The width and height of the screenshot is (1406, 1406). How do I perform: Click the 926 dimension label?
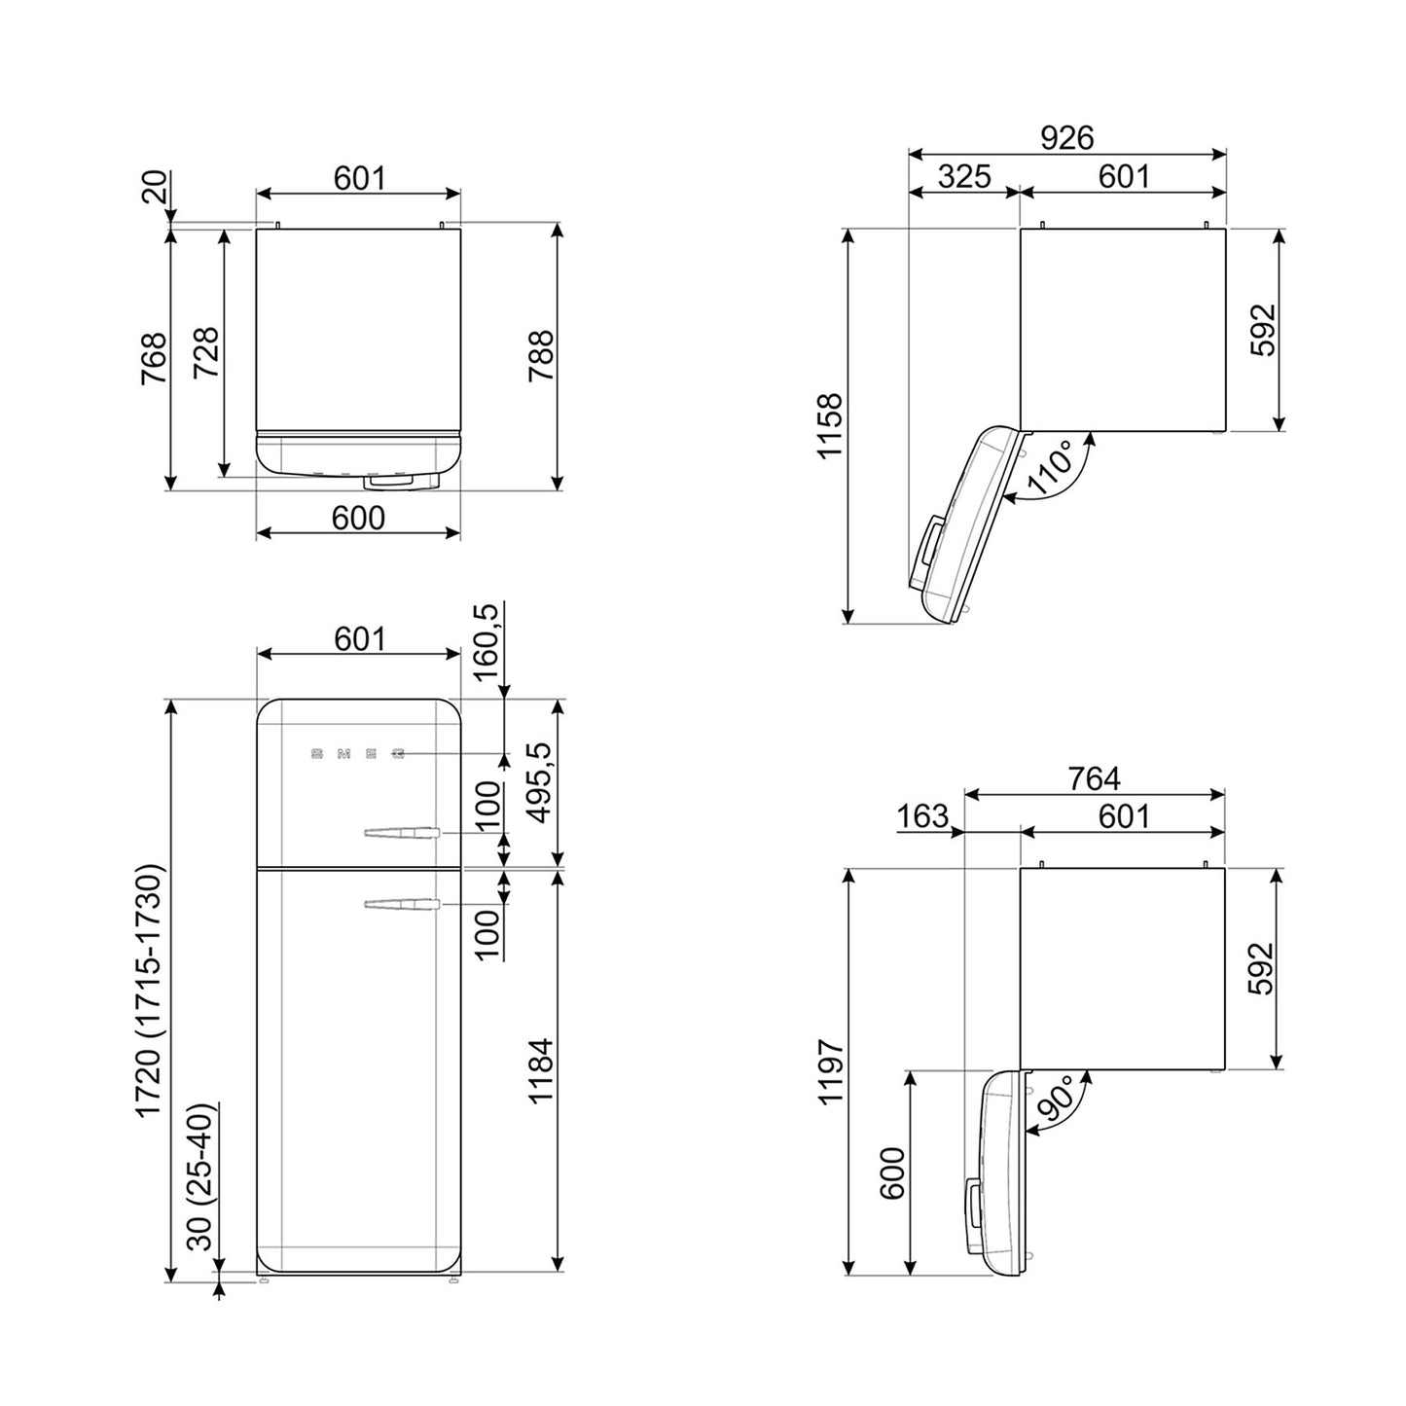(x=1067, y=138)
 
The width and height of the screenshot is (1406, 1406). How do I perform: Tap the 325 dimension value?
(x=964, y=176)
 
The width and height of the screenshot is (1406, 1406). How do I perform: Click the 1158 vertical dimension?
(x=829, y=425)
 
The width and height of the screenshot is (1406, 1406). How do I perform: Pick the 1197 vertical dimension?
(x=829, y=1070)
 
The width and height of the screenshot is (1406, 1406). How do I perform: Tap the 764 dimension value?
(x=1094, y=779)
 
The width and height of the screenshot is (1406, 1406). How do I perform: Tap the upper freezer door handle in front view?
(x=401, y=833)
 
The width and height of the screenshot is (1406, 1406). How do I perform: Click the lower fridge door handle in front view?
(x=401, y=905)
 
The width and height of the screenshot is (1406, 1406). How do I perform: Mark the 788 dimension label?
(x=540, y=356)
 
